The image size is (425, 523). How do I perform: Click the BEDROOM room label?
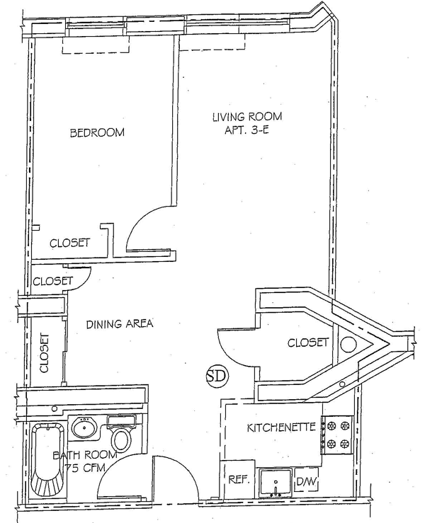(97, 132)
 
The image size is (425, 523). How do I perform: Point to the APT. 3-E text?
(247, 130)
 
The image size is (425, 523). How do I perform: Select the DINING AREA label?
(120, 324)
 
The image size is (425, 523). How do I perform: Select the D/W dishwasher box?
(306, 482)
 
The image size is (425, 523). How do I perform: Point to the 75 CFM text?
(78, 468)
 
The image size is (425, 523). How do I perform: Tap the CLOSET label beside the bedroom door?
(69, 243)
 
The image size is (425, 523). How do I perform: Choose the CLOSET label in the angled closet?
(308, 343)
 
